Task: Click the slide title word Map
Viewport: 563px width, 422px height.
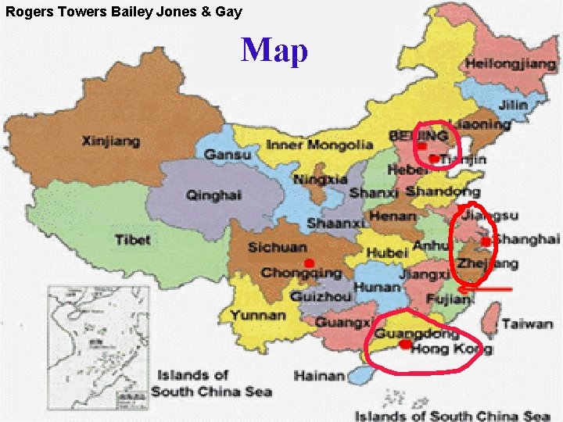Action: [274, 51]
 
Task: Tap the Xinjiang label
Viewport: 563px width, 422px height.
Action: [111, 141]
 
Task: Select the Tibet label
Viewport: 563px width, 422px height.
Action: [133, 239]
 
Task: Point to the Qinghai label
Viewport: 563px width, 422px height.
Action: [213, 195]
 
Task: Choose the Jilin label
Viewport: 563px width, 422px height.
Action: [513, 104]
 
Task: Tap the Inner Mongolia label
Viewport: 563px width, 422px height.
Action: [319, 145]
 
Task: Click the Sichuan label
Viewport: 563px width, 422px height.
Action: [277, 248]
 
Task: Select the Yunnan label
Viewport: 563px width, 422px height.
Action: [258, 316]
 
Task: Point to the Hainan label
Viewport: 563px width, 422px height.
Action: [318, 376]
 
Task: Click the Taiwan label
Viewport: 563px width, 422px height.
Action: [527, 323]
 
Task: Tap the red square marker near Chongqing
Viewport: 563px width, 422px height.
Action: [310, 263]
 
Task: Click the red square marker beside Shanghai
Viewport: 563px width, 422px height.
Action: [486, 242]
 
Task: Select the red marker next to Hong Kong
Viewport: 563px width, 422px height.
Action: [404, 345]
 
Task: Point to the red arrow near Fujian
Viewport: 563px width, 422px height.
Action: [485, 290]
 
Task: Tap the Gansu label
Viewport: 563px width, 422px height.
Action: [228, 155]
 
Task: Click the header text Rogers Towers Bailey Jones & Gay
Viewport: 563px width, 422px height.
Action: [124, 12]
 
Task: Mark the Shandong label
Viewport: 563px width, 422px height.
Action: [443, 191]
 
